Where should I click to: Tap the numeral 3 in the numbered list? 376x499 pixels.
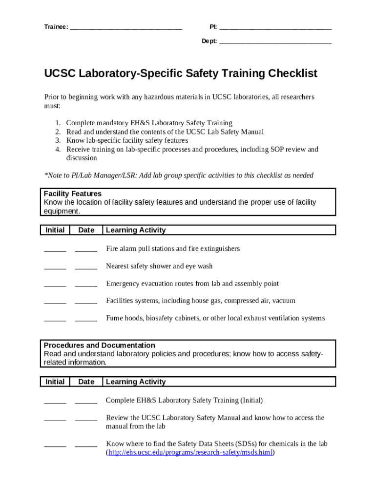[58, 140]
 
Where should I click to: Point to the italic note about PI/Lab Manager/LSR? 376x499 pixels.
[179, 175]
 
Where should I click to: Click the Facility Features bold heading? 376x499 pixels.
[73, 193]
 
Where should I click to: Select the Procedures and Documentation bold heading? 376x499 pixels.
[100, 345]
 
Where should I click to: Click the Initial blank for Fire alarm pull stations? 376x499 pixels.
[55, 250]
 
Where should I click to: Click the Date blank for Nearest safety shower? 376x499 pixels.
[86, 268]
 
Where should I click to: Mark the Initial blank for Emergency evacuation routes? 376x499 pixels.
[55, 286]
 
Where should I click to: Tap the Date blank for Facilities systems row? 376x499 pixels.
[86, 303]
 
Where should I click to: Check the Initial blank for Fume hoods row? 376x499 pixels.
[55, 320]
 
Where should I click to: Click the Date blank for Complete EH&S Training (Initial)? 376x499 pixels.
[86, 403]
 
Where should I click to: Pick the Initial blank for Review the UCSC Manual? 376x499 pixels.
[55, 420]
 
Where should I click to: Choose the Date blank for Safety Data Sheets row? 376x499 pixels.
[86, 446]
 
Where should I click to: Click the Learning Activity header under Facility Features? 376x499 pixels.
[136, 230]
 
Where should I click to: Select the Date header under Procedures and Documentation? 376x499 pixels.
[86, 382]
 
